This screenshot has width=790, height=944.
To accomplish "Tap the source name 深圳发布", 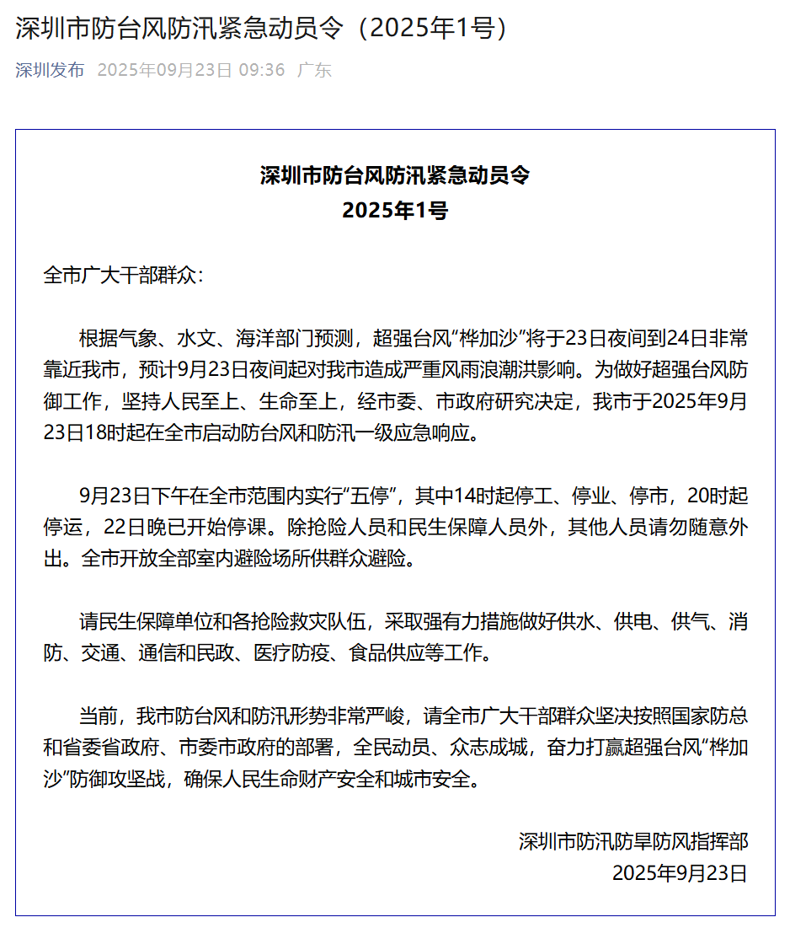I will pos(50,70).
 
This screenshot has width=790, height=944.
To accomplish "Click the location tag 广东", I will pos(315,70).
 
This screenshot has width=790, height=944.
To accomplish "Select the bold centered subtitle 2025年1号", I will pos(395,211).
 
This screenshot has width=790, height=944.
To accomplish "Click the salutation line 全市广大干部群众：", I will pos(124,276).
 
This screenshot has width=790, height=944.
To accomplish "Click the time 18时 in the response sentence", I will pos(101,434).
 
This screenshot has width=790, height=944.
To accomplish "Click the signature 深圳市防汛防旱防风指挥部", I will pos(633,841).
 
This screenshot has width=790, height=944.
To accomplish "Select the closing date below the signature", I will pos(679,873).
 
